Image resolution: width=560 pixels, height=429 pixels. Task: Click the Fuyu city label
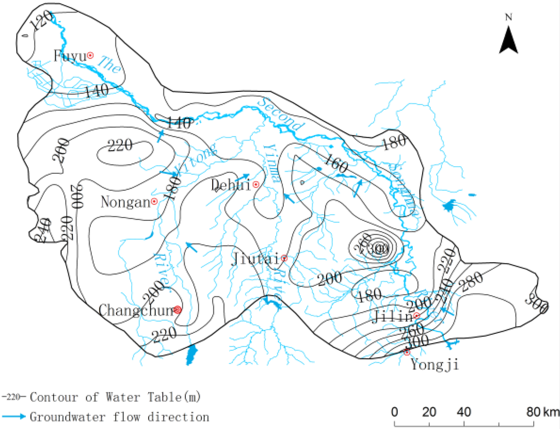click(69, 55)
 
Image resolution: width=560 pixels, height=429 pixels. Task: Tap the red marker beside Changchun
click(177, 310)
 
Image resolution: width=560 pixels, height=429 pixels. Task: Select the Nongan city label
click(125, 202)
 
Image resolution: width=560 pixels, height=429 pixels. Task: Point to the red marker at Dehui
click(255, 185)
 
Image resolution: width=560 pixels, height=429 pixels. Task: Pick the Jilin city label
click(393, 316)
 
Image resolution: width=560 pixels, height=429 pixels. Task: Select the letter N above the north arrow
click(509, 17)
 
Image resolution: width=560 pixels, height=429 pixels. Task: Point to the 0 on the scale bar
click(395, 411)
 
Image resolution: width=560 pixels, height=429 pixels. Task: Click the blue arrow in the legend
click(14, 417)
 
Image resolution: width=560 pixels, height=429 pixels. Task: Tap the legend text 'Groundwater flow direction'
click(119, 417)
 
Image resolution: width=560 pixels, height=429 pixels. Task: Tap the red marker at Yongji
click(407, 352)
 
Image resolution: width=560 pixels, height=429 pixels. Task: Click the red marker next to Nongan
click(154, 201)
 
